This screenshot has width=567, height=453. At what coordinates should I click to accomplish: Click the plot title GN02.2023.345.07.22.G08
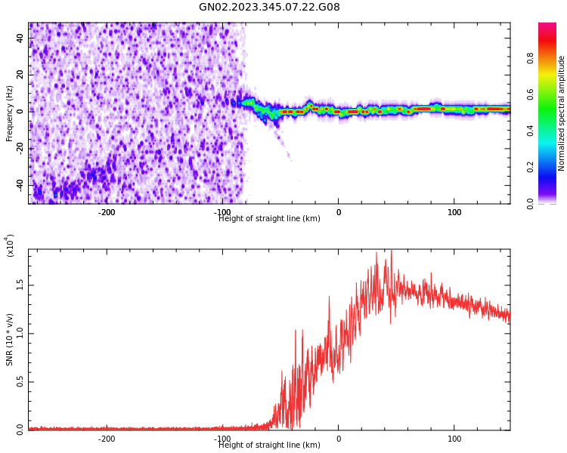coord(269,8)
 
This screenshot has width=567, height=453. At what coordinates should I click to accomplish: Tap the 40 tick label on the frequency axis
coord(20,38)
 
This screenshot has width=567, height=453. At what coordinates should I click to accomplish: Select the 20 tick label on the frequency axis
coord(20,74)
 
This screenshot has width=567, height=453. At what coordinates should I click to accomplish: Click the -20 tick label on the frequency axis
coord(17,148)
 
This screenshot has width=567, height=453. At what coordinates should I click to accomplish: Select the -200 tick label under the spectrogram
coord(107,212)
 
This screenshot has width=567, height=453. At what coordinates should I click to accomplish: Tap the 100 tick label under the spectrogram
coord(454,212)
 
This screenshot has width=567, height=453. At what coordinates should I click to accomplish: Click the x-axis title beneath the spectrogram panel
coord(269,219)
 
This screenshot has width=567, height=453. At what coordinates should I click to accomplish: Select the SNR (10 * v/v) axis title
coord(10,339)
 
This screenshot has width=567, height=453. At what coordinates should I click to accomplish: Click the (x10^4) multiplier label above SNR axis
coord(10,245)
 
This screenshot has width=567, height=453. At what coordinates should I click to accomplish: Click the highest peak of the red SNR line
coord(391,251)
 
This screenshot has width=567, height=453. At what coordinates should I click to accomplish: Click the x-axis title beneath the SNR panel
coord(269,445)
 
